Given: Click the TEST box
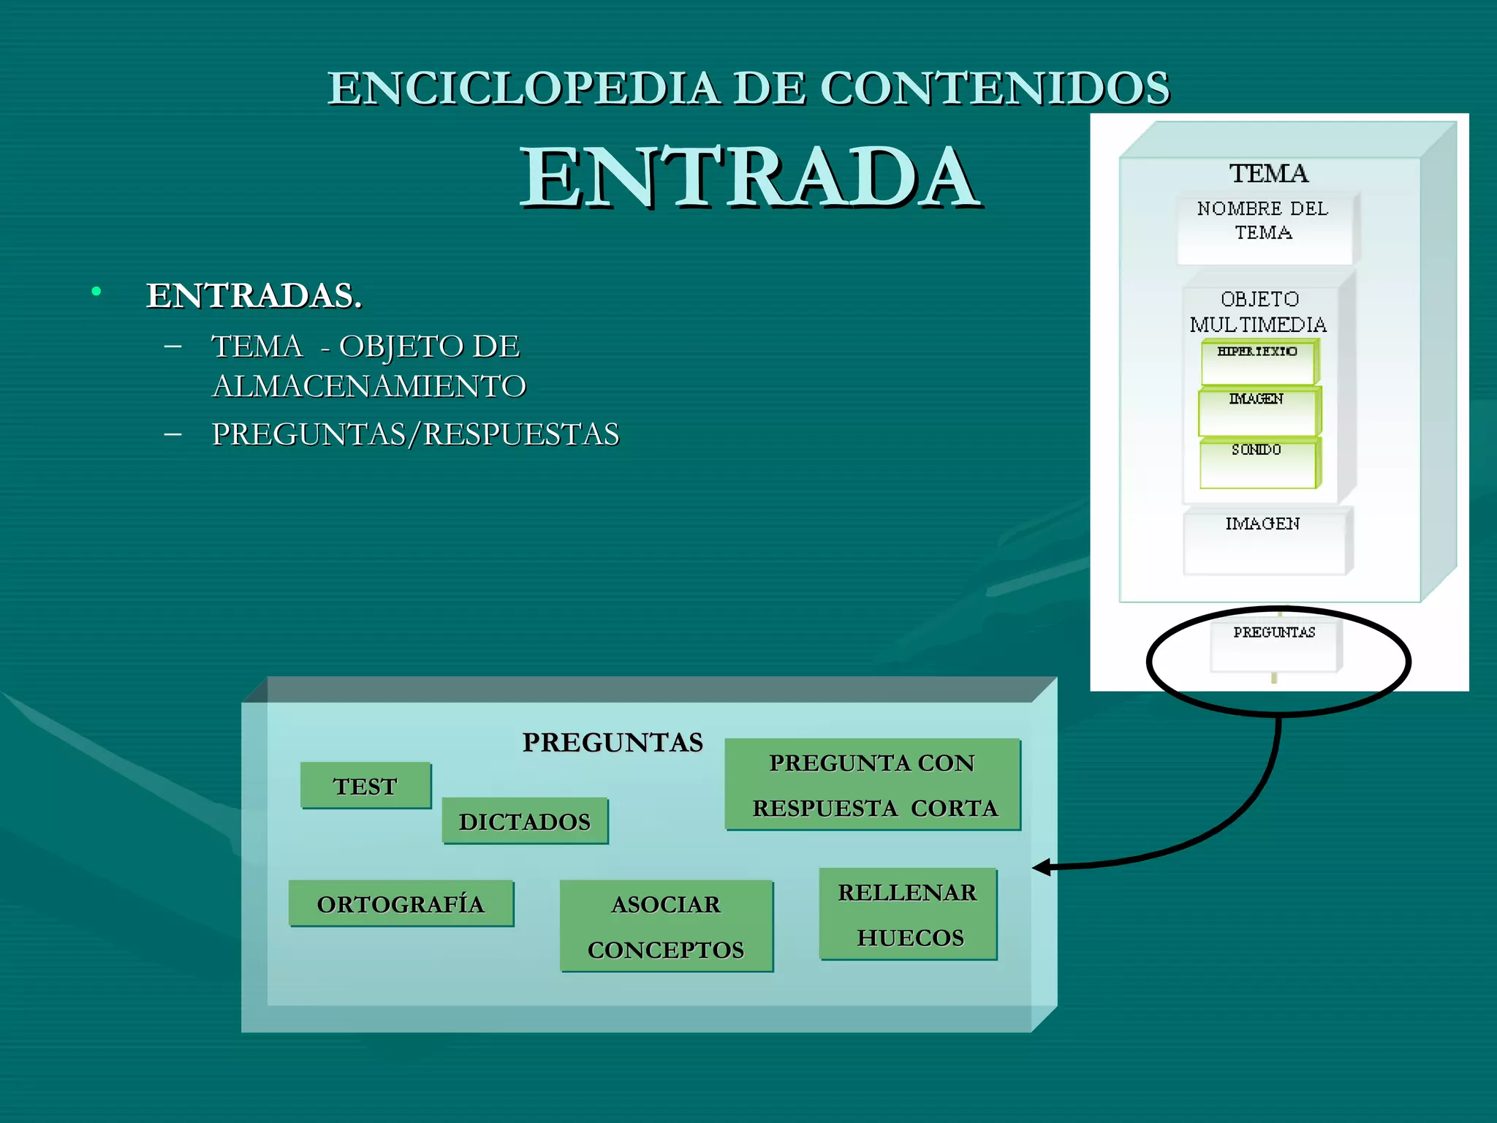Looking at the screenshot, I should (x=365, y=785).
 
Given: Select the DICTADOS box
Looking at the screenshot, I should (x=525, y=821).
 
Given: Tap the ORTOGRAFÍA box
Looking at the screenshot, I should (x=401, y=904).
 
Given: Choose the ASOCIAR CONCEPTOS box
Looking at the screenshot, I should (x=666, y=926).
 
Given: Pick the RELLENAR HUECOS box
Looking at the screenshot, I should (x=908, y=914).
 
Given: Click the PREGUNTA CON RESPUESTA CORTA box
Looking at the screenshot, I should (x=873, y=784).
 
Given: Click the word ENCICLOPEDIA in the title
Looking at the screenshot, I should (x=523, y=88).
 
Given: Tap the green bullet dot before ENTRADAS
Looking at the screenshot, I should (x=96, y=292).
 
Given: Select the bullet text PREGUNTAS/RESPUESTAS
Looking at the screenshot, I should (x=415, y=434).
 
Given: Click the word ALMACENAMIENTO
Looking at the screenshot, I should (x=368, y=386).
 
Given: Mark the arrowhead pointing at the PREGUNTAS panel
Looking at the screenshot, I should (x=1041, y=867).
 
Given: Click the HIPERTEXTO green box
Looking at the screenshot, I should (x=1258, y=361).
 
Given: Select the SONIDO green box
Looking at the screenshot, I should (x=1257, y=462).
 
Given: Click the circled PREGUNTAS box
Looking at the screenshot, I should (x=1274, y=644).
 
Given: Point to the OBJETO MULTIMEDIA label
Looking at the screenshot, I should (x=1259, y=311).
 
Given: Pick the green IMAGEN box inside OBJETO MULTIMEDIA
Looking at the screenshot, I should (x=1257, y=412).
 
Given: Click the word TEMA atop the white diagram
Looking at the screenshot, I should (x=1268, y=174).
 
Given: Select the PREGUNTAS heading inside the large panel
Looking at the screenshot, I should (x=613, y=742).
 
